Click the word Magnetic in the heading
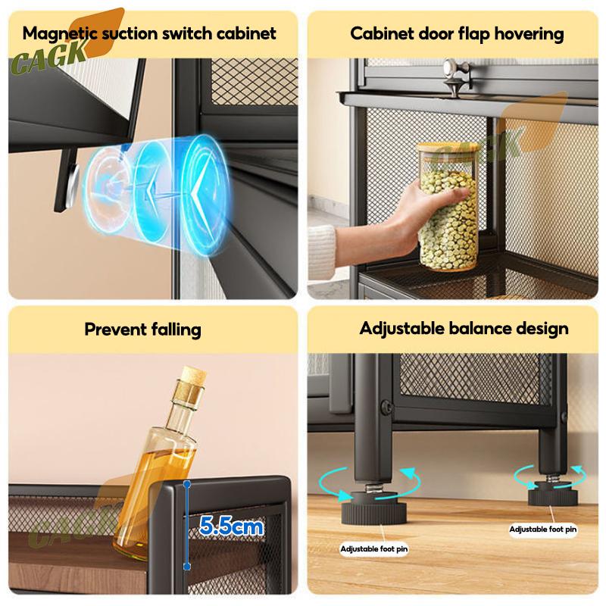[x=60, y=34]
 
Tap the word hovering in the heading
[x=529, y=34]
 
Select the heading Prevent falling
[x=142, y=330]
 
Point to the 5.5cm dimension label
[x=231, y=526]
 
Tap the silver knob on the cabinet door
[x=457, y=77]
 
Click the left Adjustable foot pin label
[x=373, y=548]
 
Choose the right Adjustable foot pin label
[x=542, y=529]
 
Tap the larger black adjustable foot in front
[x=373, y=507]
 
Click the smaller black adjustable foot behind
[x=553, y=494]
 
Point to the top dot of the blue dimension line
[x=187, y=484]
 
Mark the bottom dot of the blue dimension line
[x=187, y=567]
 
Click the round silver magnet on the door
[x=73, y=183]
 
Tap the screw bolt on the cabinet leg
[x=386, y=407]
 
